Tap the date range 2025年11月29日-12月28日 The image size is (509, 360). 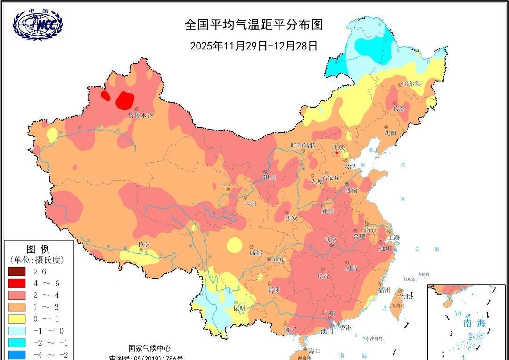pos(254,46)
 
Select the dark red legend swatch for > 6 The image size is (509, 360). pos(18,271)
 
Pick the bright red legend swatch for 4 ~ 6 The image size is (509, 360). pos(18,283)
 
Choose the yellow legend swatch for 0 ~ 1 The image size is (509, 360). pos(18,319)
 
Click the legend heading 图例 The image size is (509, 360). pos(38,249)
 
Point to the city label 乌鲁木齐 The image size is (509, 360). pos(140,115)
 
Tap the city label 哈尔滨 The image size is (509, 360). pos(411,83)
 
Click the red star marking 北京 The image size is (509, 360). pos(337,153)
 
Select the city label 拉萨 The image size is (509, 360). pos(144,245)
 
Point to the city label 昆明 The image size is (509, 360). pos(239,309)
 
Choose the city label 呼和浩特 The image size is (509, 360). pos(303,146)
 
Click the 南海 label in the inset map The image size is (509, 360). pos(474,324)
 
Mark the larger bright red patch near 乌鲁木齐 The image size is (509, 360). pos(125,99)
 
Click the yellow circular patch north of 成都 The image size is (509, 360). pos(234,245)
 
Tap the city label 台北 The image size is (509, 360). pos(404,297)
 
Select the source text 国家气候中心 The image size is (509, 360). pos(149,348)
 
